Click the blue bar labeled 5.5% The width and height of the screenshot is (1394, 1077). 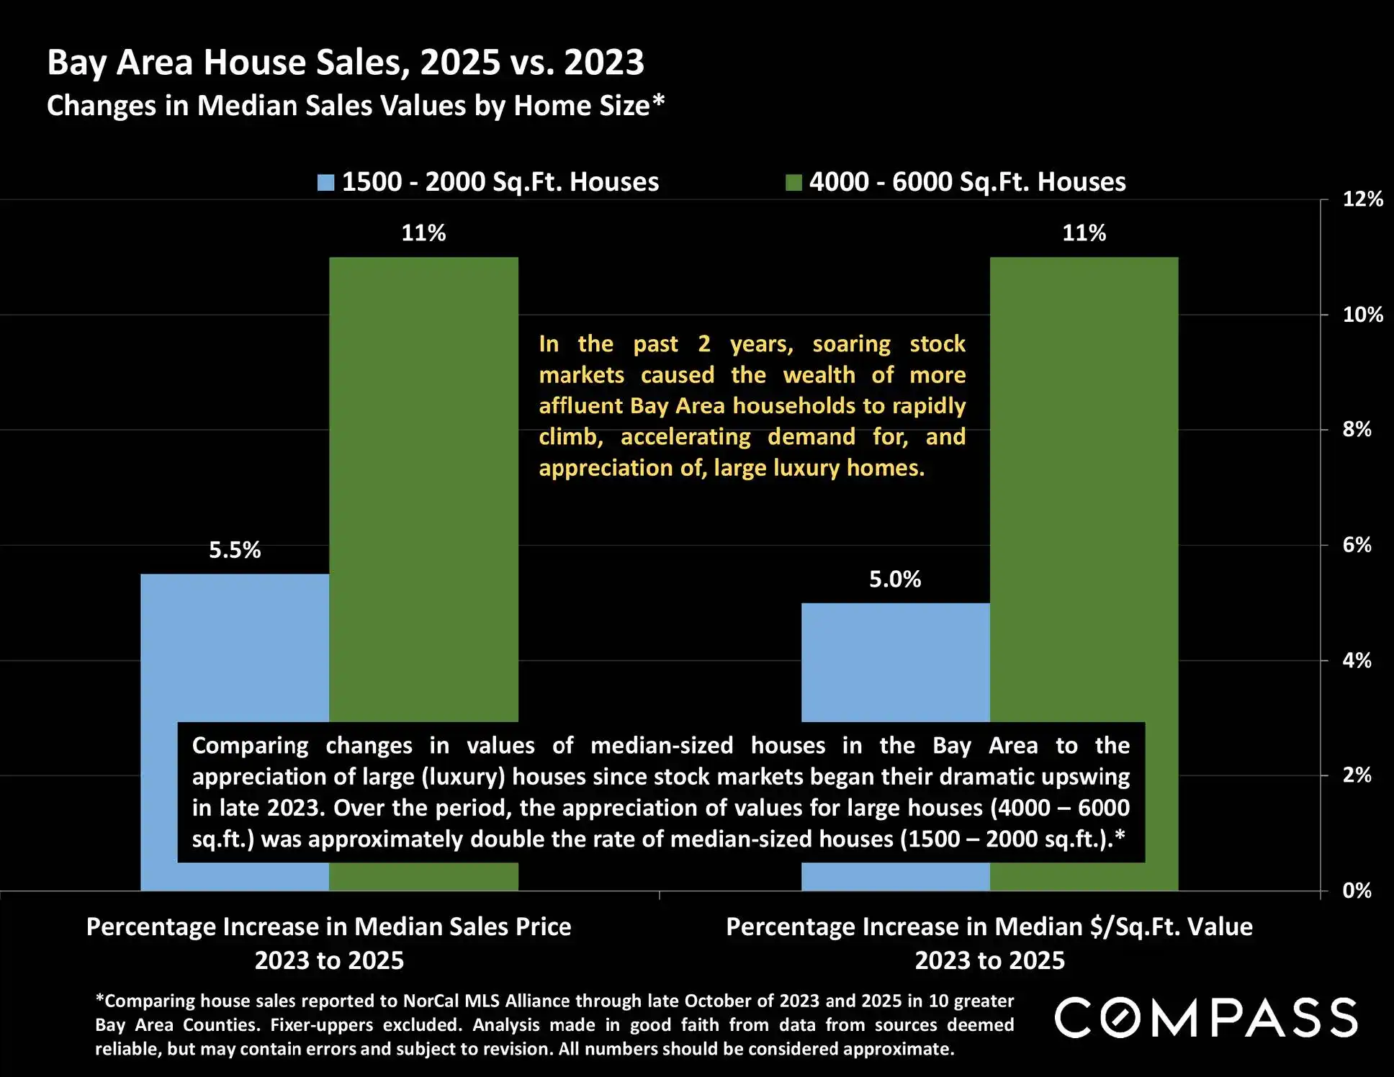click(235, 648)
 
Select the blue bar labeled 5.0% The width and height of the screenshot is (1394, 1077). click(895, 662)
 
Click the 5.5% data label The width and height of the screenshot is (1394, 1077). click(235, 551)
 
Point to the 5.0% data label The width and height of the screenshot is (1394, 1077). click(895, 580)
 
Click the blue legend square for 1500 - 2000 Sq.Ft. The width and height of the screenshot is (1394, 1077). click(326, 183)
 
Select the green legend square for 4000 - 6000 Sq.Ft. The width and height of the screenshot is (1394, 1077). click(793, 183)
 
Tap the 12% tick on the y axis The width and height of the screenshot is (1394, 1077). click(1362, 199)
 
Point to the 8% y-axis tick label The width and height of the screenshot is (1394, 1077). click(1357, 430)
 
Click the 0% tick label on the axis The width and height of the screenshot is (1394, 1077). click(1357, 891)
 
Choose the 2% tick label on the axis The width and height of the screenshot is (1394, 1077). click(1357, 775)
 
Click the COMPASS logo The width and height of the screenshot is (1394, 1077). click(1206, 1018)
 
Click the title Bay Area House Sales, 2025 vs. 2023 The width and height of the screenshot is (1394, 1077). click(346, 63)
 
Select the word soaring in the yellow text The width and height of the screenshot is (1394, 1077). click(851, 345)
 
